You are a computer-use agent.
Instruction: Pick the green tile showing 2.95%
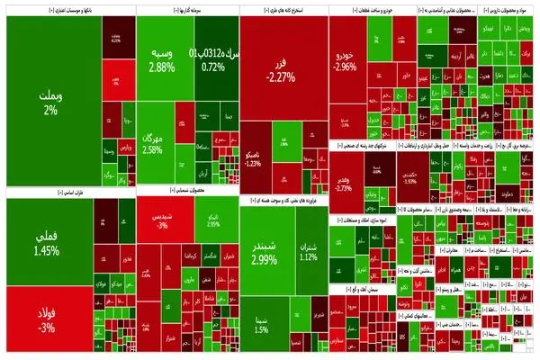coord(213,221)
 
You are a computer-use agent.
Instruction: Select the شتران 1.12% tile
coord(309,250)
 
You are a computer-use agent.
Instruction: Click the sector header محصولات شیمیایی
coord(187,191)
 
